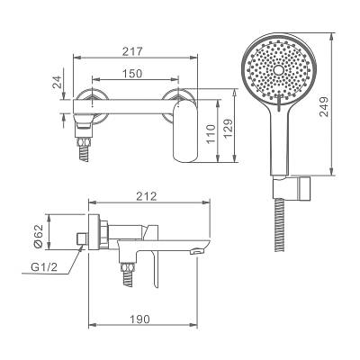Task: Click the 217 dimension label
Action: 132,51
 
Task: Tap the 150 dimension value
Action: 132,73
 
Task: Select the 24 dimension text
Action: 57,81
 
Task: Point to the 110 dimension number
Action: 211,133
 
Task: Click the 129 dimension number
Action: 228,129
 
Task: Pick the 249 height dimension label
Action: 324,107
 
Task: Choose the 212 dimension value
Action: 147,196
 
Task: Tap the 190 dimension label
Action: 139,319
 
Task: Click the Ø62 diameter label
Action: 39,236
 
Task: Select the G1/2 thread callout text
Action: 44,267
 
